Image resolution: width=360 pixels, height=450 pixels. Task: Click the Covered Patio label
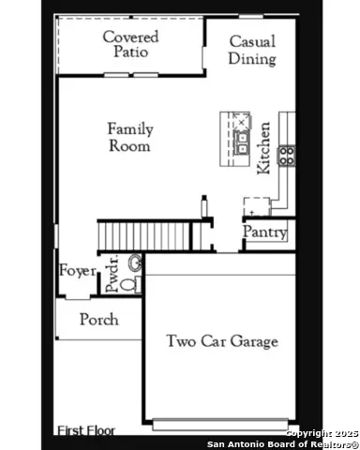point(130,44)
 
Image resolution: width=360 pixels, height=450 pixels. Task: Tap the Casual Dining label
point(252,51)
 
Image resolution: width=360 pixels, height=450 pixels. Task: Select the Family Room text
point(129,137)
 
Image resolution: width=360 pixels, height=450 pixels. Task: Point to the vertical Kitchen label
point(264,146)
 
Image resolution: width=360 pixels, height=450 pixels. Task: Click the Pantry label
point(264,232)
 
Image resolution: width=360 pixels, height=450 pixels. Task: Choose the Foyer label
point(78,271)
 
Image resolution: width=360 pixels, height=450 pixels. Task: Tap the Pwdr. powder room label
point(112,273)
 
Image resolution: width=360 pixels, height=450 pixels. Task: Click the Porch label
point(98,320)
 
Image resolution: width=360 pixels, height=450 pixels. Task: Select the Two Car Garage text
point(222,341)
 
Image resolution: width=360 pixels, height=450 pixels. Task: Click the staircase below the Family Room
point(145,232)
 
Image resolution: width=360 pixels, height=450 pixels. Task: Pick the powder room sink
point(134,262)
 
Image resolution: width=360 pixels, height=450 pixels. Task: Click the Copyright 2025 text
point(321,432)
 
